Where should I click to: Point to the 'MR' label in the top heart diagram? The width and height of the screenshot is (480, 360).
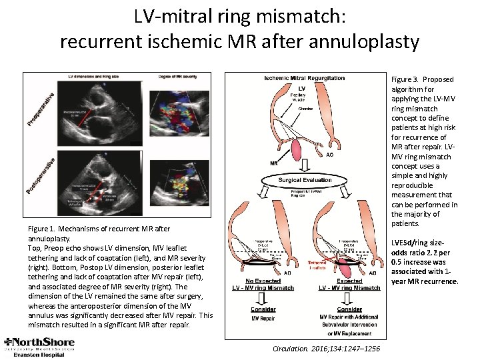tap(273, 163)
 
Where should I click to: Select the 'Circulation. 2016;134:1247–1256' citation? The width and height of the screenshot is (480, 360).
tap(326, 348)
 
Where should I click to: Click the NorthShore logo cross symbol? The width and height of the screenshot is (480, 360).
tap(9, 343)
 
